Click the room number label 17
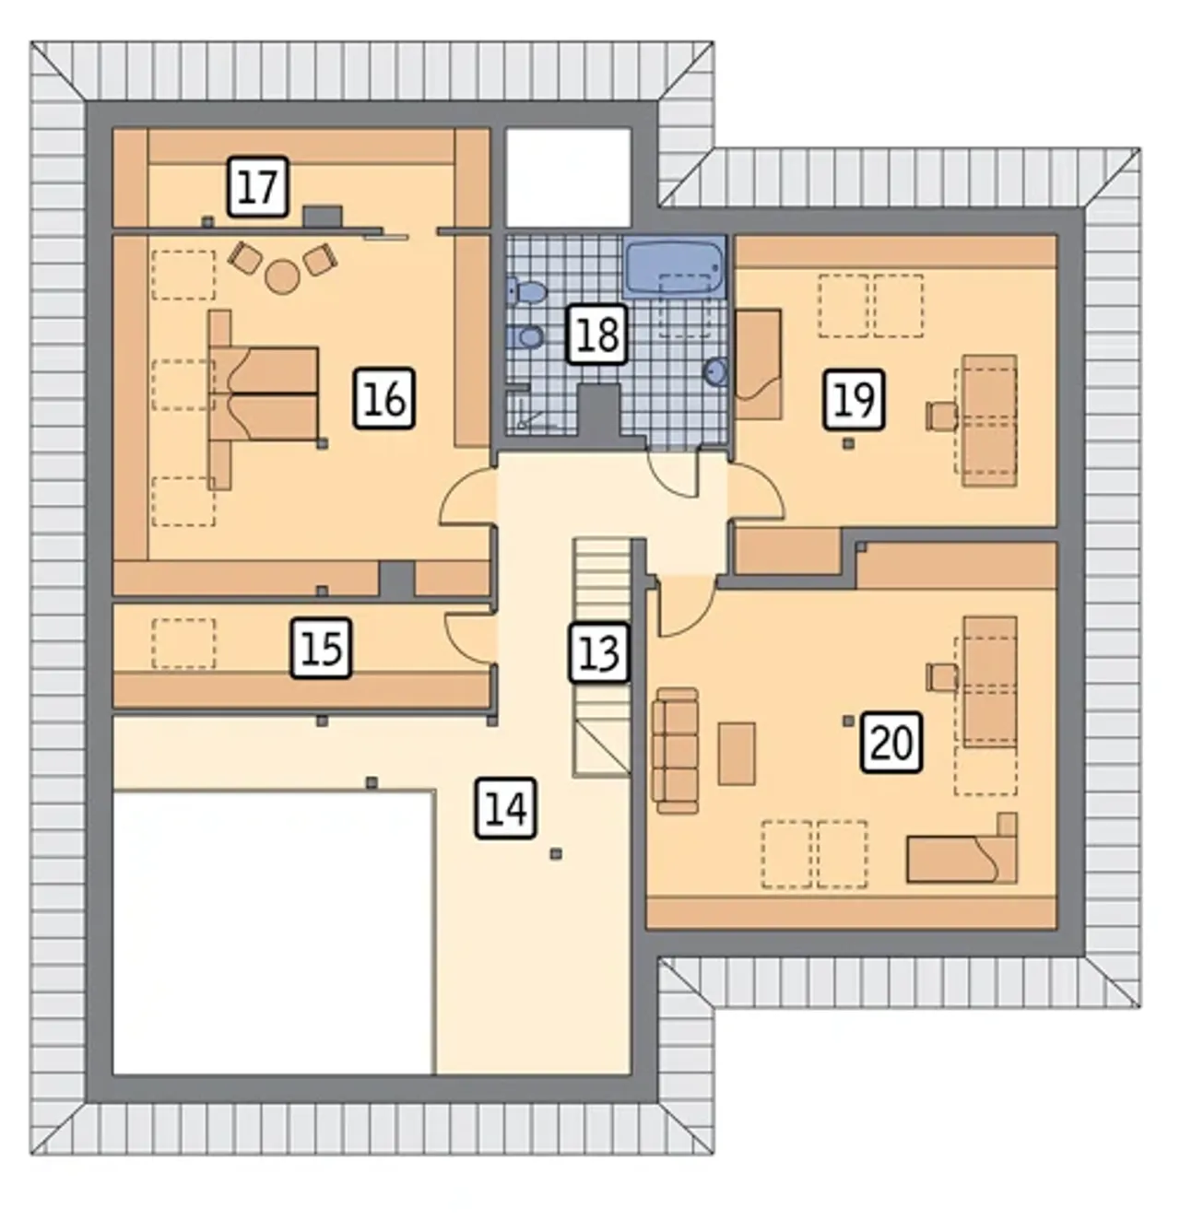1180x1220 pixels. tap(258, 186)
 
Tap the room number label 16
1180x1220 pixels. tap(383, 398)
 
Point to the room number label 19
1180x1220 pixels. tap(854, 399)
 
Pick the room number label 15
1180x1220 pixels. tap(321, 648)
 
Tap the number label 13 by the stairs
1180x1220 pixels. tap(598, 652)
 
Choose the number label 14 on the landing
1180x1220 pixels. tap(505, 807)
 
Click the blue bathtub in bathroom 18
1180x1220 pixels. tap(675, 267)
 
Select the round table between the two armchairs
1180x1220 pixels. tap(282, 276)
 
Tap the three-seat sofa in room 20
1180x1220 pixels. tap(675, 750)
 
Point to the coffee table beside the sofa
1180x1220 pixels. tap(737, 754)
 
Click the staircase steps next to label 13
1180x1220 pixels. tap(602, 658)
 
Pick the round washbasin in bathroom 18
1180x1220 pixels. tap(715, 372)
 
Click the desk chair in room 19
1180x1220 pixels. tap(942, 416)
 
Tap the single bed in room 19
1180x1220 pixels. tap(759, 364)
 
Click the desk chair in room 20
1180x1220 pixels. tap(942, 677)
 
